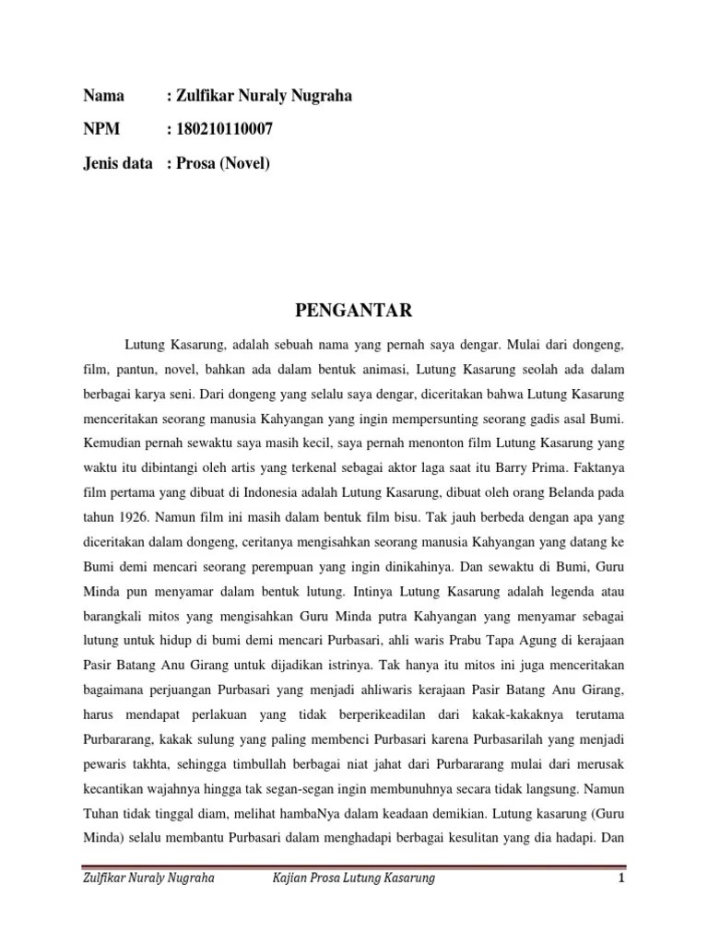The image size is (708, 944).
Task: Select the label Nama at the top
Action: tap(102, 96)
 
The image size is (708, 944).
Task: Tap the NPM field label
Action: tap(100, 130)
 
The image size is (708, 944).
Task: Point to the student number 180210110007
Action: tap(225, 130)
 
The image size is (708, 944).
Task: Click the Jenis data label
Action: tap(117, 164)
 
